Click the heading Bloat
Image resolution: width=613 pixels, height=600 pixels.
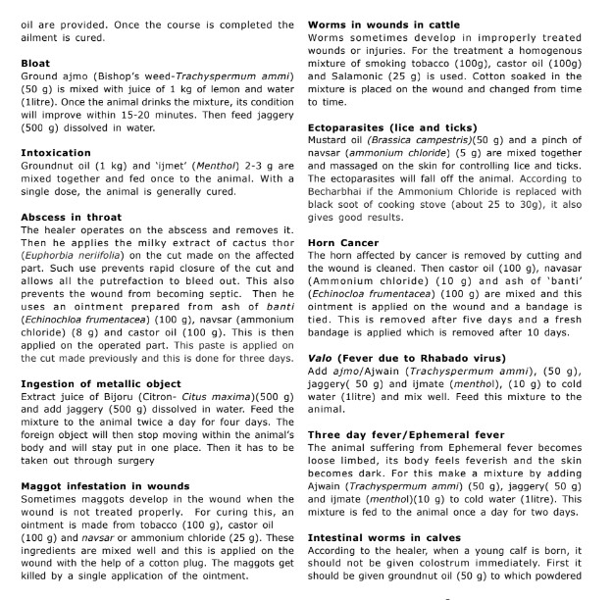click(35, 62)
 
